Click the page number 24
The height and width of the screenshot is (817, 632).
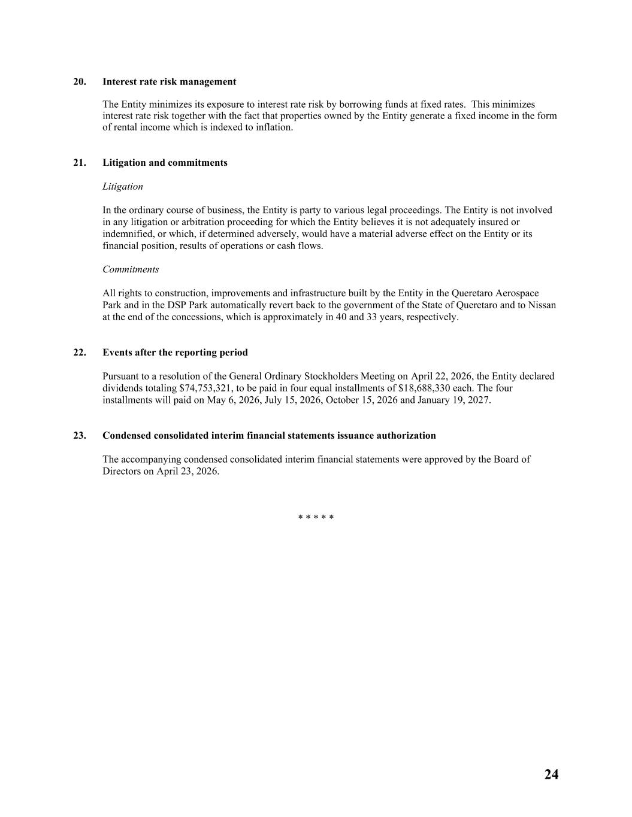point(551,775)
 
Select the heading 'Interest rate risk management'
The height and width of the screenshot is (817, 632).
point(169,82)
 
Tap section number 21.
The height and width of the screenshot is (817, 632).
point(80,163)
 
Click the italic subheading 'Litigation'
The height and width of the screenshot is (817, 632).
point(123,187)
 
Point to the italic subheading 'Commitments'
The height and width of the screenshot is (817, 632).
point(131,269)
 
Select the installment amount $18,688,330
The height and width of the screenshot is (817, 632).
point(424,388)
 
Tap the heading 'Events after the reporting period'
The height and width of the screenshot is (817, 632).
point(175,353)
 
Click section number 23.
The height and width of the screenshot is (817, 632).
point(80,436)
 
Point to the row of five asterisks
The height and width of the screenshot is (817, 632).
point(316,518)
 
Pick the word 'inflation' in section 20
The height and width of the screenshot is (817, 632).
point(273,127)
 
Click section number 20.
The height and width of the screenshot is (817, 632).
point(80,82)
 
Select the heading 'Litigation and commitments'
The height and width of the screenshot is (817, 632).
point(165,163)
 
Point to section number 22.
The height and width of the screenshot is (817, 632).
point(80,353)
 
